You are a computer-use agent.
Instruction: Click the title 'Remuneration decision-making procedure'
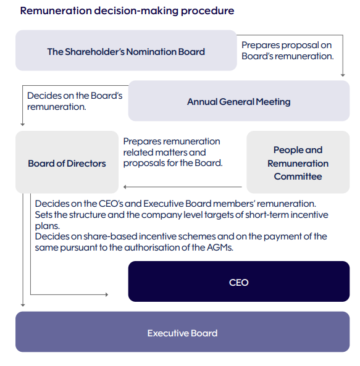point(127,11)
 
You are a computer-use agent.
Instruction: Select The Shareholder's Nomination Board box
point(126,51)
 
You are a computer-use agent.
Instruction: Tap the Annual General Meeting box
point(239,101)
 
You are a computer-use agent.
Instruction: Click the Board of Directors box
point(67,162)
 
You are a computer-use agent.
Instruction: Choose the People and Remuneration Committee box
point(298,162)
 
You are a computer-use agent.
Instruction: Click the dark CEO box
point(239,281)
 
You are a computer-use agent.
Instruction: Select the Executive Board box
point(183,331)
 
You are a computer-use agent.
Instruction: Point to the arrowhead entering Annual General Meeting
point(343,75)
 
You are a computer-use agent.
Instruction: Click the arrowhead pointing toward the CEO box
point(107,294)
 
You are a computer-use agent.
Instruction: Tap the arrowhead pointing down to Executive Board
point(23,305)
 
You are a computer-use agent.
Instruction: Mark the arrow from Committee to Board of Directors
point(183,187)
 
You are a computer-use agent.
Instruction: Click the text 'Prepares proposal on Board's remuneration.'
point(288,51)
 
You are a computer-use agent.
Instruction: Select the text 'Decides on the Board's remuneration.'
point(75,101)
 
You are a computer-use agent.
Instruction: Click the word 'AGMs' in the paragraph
point(220,247)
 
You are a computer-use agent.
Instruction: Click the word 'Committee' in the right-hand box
point(298,177)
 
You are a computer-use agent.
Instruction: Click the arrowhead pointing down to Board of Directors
point(23,125)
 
